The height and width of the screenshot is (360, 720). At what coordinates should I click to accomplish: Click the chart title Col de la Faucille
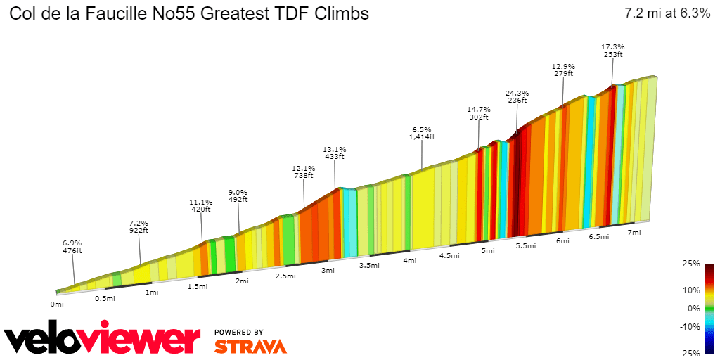pyautogui.click(x=188, y=13)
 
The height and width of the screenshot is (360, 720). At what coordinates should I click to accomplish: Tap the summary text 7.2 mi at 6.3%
pyautogui.click(x=667, y=13)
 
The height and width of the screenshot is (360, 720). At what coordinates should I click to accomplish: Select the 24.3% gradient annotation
pyautogui.click(x=517, y=97)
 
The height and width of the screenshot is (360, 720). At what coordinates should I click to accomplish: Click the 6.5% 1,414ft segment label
pyautogui.click(x=422, y=134)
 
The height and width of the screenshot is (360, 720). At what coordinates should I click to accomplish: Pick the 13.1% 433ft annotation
pyautogui.click(x=334, y=153)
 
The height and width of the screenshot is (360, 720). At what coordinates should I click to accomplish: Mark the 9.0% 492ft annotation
pyautogui.click(x=238, y=195)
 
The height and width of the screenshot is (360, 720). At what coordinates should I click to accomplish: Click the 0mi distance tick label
pyautogui.click(x=57, y=304)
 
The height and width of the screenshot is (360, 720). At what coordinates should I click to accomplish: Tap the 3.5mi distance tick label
pyautogui.click(x=369, y=265)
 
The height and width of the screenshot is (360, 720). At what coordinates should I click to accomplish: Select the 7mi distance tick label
pyautogui.click(x=634, y=232)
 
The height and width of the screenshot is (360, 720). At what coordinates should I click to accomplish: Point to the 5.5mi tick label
pyautogui.click(x=526, y=245)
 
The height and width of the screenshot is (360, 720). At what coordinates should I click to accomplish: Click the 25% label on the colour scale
pyautogui.click(x=691, y=264)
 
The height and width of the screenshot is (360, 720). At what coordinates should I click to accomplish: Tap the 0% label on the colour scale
pyautogui.click(x=693, y=308)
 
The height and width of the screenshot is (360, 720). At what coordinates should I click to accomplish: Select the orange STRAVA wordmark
pyautogui.click(x=250, y=346)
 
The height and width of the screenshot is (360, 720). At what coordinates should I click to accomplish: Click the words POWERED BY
pyautogui.click(x=239, y=332)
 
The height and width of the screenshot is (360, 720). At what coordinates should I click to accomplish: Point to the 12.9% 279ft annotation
pyautogui.click(x=563, y=70)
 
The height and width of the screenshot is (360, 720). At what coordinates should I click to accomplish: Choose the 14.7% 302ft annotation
pyautogui.click(x=479, y=114)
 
